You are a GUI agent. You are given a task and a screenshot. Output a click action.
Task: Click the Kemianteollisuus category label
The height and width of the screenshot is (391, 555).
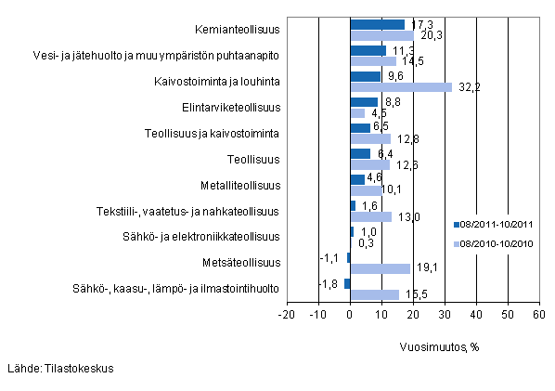tap(239, 30)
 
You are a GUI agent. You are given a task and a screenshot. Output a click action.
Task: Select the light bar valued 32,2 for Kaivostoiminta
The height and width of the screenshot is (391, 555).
tap(400, 86)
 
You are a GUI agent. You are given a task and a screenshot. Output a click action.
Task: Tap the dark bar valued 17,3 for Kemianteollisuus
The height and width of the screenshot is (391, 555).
tap(377, 24)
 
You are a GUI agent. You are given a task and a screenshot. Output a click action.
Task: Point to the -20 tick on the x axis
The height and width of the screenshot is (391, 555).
tap(287, 315)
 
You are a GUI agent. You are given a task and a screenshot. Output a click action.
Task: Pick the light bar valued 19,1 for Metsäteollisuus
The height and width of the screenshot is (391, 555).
tap(380, 268)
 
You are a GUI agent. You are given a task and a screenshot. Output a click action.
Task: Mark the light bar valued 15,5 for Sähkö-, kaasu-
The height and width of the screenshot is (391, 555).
tap(374, 294)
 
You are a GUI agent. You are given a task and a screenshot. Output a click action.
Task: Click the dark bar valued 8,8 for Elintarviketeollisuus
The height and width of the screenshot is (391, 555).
tap(364, 102)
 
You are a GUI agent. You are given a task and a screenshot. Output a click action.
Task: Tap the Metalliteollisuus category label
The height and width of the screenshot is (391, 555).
tap(239, 185)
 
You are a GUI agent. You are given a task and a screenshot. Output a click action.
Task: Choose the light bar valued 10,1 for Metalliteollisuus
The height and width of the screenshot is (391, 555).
tap(366, 190)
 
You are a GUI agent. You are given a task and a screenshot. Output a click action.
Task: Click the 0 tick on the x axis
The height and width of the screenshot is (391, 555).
tap(350, 315)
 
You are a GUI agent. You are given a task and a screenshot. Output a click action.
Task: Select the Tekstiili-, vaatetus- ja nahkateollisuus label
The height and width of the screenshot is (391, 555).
tap(187, 211)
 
